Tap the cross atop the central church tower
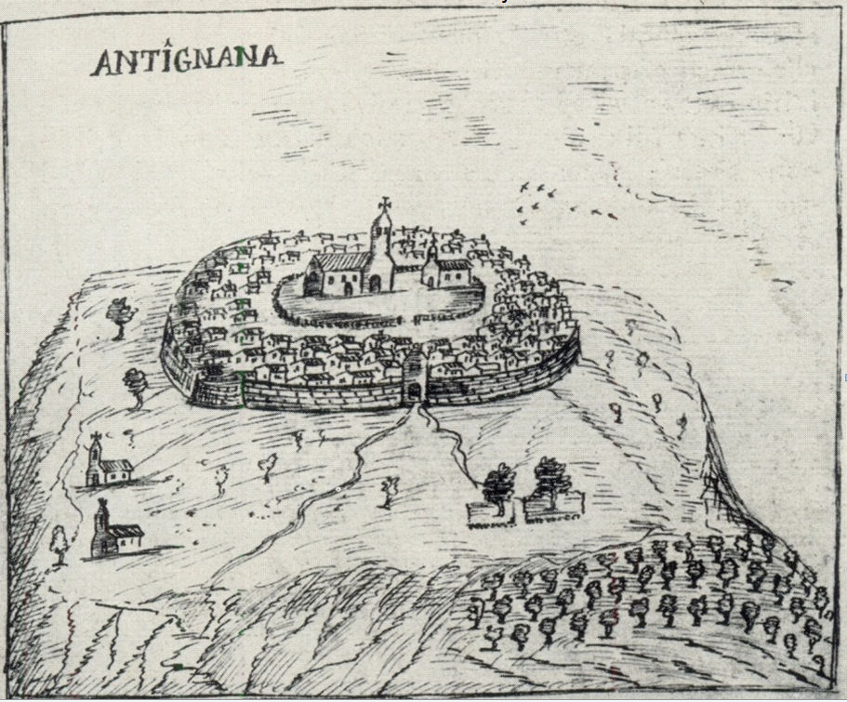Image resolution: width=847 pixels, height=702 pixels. (382, 204)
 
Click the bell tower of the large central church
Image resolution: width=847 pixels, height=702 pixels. (380, 242)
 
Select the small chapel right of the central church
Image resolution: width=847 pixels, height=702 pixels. (443, 272)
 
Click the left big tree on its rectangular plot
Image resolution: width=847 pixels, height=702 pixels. (498, 483)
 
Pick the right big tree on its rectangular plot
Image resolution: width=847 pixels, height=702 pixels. (549, 479)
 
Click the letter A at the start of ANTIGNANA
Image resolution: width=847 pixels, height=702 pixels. (105, 63)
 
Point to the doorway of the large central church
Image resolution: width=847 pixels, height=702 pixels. (348, 286)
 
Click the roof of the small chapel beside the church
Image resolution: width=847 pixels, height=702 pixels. (453, 265)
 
